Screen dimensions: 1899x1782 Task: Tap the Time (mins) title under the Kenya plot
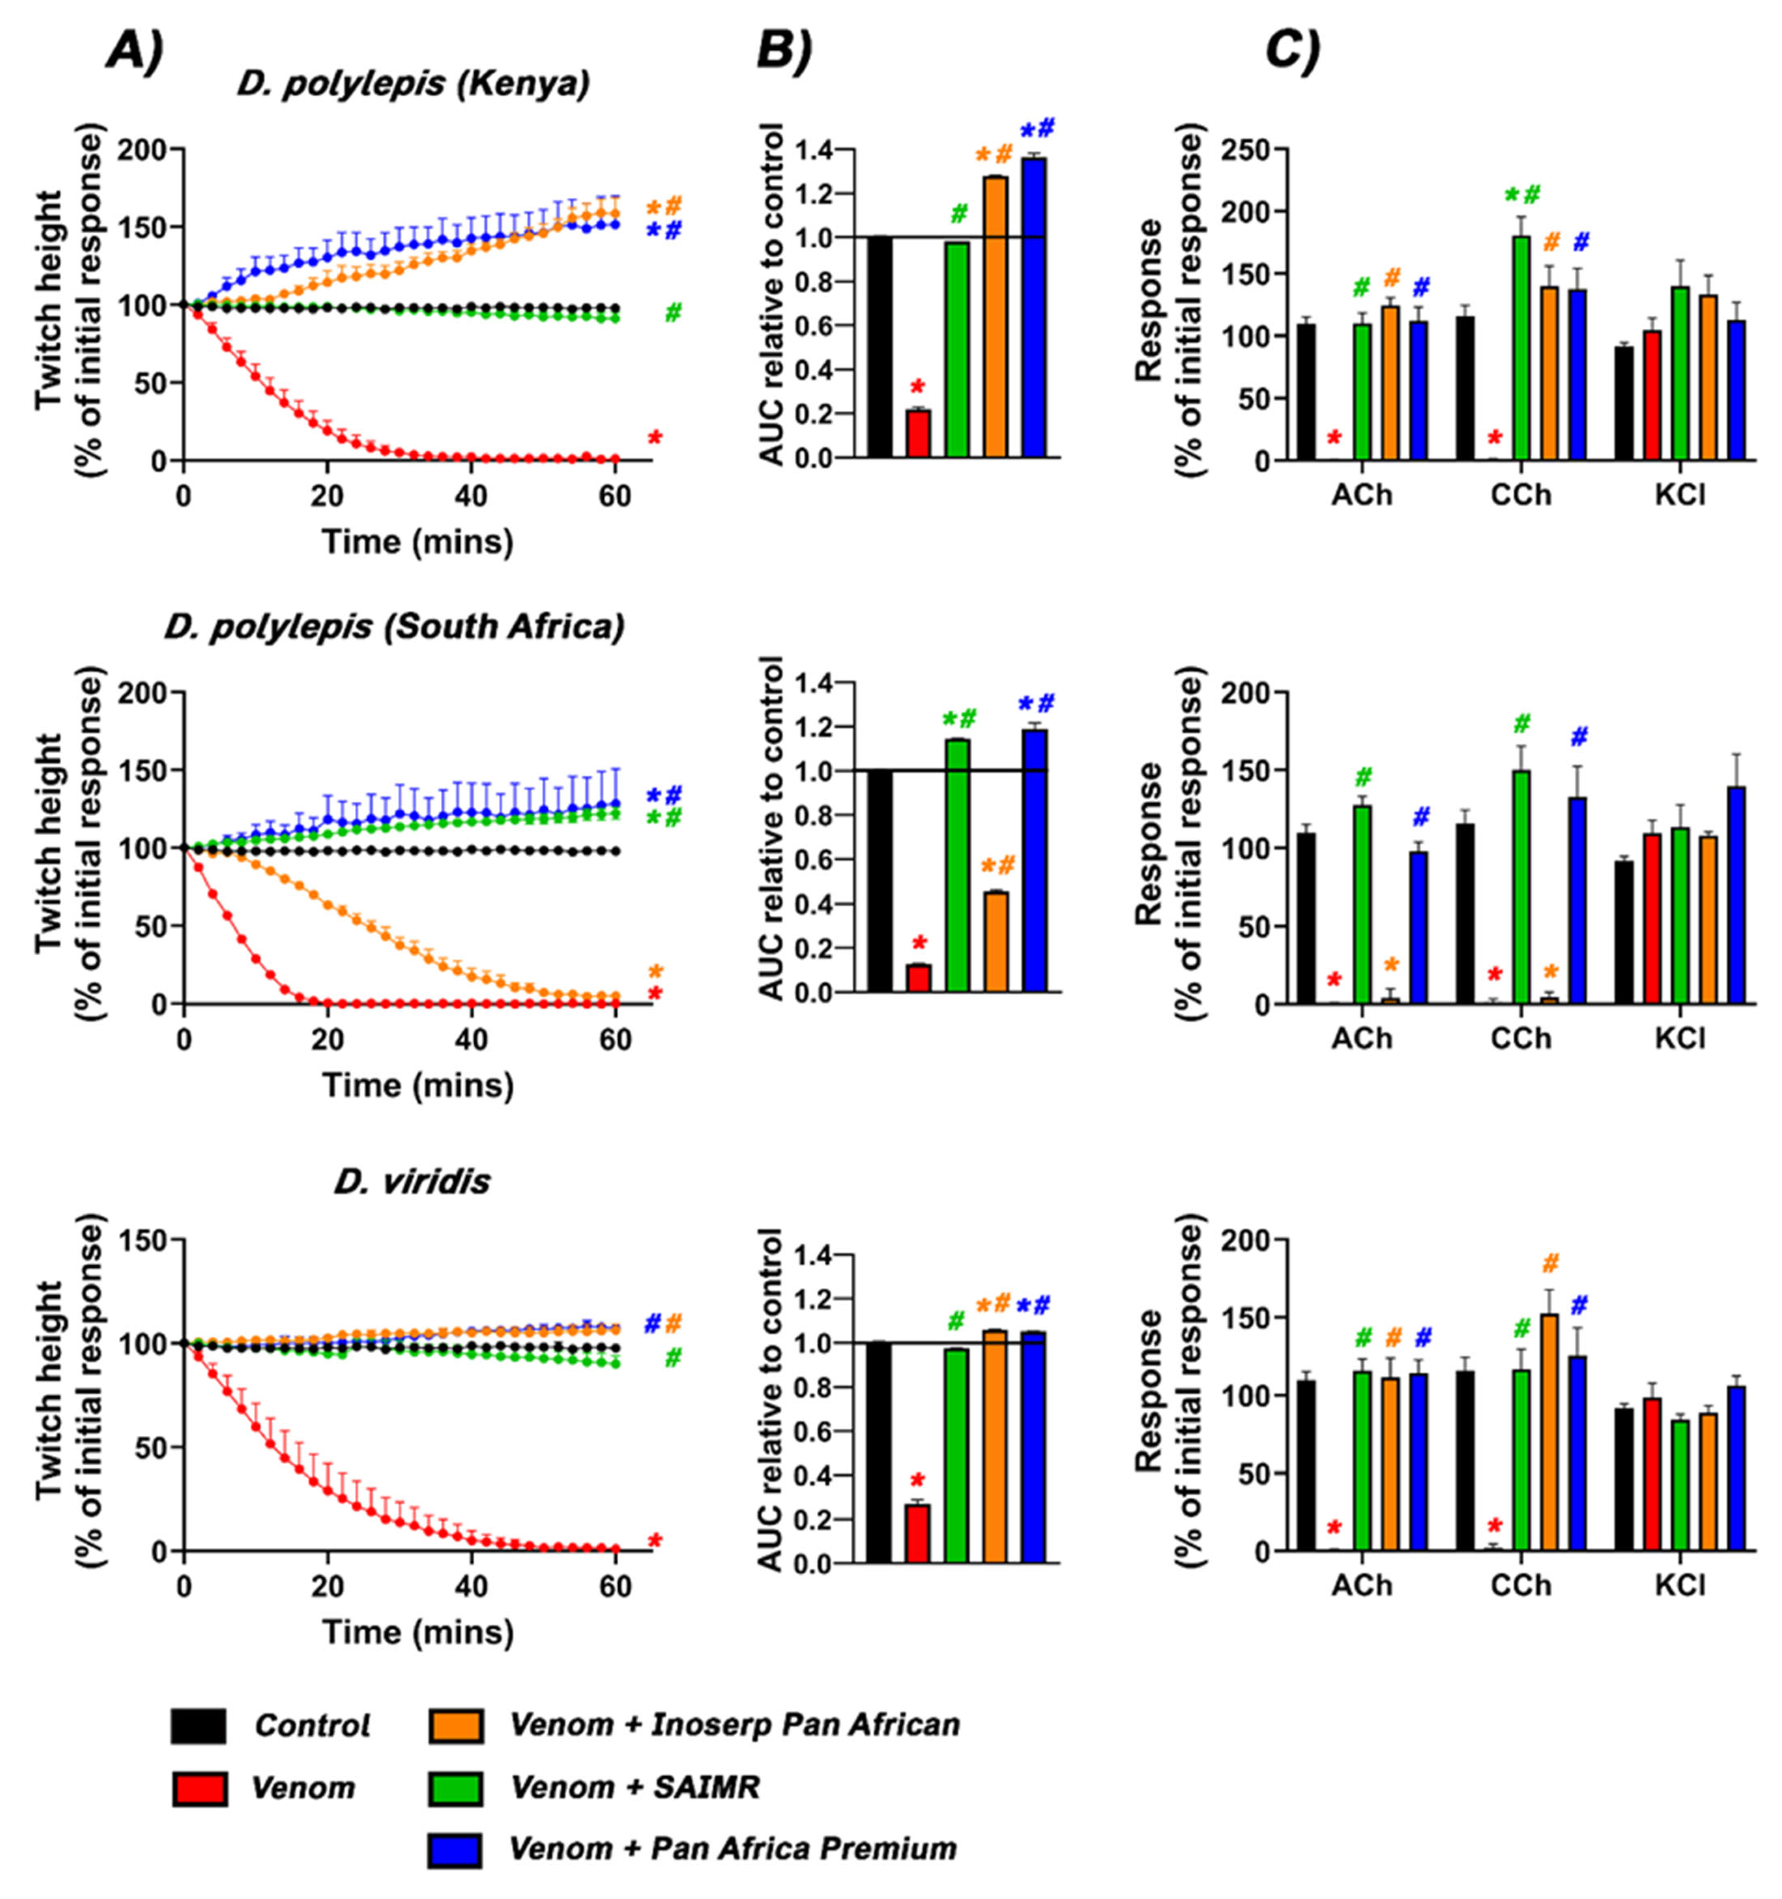coord(417,542)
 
